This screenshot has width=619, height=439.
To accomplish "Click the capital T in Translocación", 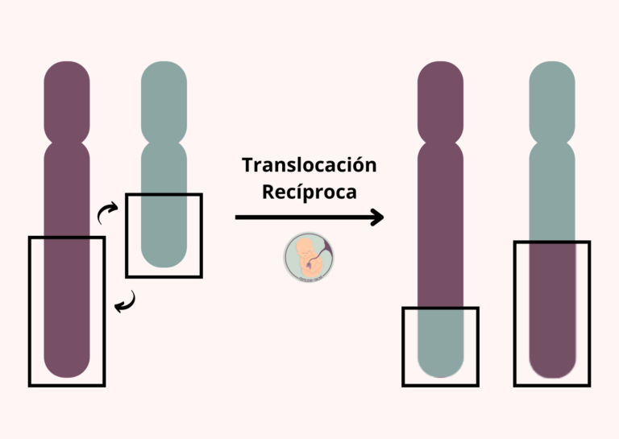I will pyautogui.click(x=247, y=166).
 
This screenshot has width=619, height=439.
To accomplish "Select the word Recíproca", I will pyautogui.click(x=309, y=193).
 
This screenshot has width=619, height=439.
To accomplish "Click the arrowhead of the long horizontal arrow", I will pyautogui.click(x=375, y=217).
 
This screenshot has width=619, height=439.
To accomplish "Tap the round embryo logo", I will pyautogui.click(x=309, y=256).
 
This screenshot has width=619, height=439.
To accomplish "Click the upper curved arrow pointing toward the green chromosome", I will pyautogui.click(x=106, y=213).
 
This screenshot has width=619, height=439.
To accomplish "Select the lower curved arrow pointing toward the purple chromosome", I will pyautogui.click(x=125, y=302).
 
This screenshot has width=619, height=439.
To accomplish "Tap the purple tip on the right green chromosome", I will pyautogui.click(x=552, y=322).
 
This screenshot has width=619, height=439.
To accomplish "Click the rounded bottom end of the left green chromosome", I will pyautogui.click(x=164, y=258).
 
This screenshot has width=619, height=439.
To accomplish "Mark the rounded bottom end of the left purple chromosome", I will pyautogui.click(x=67, y=367).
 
